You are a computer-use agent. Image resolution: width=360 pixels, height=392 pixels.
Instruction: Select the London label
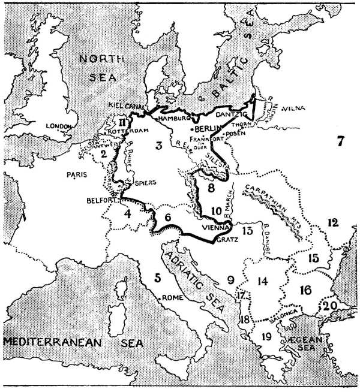point(59,126)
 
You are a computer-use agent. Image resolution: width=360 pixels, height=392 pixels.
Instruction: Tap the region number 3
point(158,146)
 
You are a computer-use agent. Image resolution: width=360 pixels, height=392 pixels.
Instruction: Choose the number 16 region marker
point(305,290)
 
